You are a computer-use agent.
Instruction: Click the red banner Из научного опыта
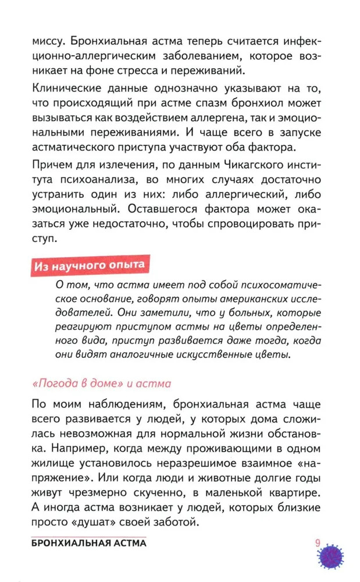pyautogui.click(x=88, y=266)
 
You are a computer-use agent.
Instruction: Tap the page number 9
pyautogui.click(x=318, y=544)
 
